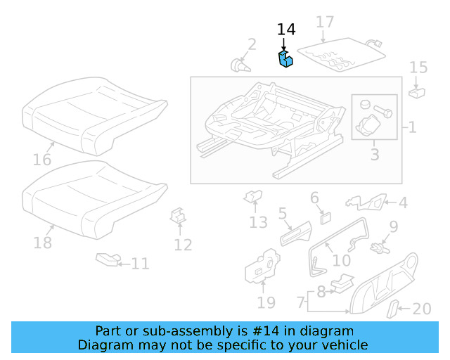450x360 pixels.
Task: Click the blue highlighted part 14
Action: (286, 60)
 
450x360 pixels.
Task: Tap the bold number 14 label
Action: (286, 30)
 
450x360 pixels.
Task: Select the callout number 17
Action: (324, 22)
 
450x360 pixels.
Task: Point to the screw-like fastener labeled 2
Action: (241, 65)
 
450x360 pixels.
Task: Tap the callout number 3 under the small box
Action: (374, 154)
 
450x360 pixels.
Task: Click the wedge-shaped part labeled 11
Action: (108, 261)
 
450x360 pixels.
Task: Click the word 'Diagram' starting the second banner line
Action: (103, 345)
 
